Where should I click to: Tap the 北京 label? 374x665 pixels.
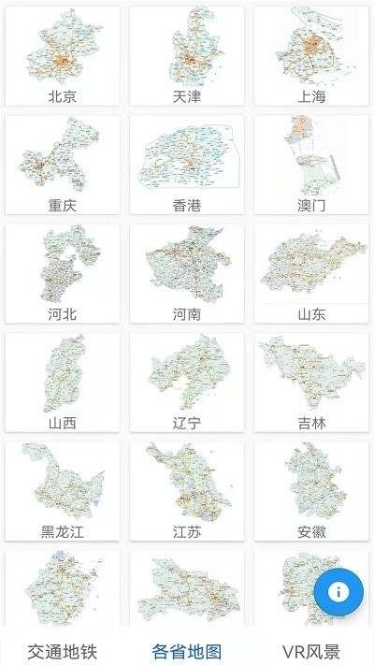[x=63, y=96]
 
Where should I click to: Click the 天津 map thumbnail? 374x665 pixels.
[x=187, y=48]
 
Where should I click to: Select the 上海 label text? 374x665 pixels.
[x=311, y=96]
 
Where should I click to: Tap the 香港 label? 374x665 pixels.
[x=187, y=206]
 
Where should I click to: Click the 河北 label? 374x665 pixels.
[x=63, y=314]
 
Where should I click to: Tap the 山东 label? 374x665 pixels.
[x=311, y=314]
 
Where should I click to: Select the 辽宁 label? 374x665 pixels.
[x=187, y=423]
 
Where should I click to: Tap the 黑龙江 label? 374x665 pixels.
[x=63, y=532]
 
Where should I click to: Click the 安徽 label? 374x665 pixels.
[x=311, y=532]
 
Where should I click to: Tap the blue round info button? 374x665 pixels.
[x=338, y=591]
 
